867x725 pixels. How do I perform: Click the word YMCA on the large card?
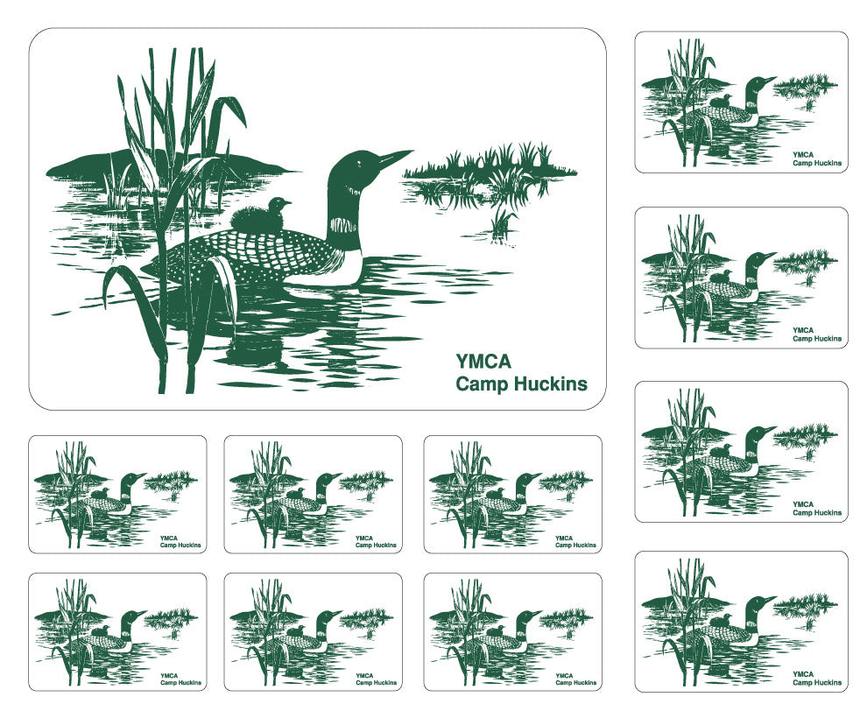tap(483, 361)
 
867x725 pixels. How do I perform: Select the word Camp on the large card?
tap(481, 384)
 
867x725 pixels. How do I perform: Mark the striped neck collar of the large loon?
tap(343, 225)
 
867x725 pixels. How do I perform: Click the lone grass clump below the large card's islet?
tap(502, 223)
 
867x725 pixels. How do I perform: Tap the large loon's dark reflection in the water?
tap(254, 337)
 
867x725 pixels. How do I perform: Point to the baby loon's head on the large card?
tap(279, 205)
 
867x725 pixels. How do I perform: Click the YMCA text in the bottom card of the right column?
tap(803, 673)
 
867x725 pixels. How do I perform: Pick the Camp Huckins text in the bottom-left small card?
tap(180, 683)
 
